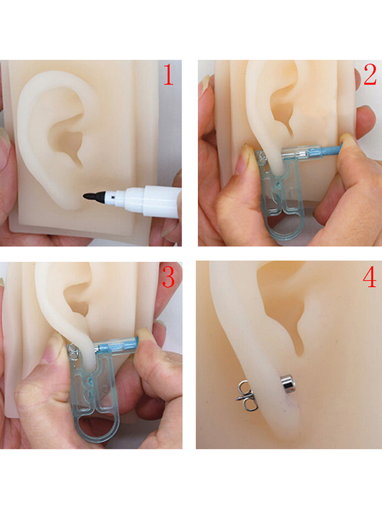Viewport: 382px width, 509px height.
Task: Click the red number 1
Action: [168, 74]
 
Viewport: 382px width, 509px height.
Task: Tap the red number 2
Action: [370, 74]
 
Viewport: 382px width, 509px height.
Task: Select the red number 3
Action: [168, 277]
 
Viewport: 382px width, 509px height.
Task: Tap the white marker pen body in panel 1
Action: [148, 201]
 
